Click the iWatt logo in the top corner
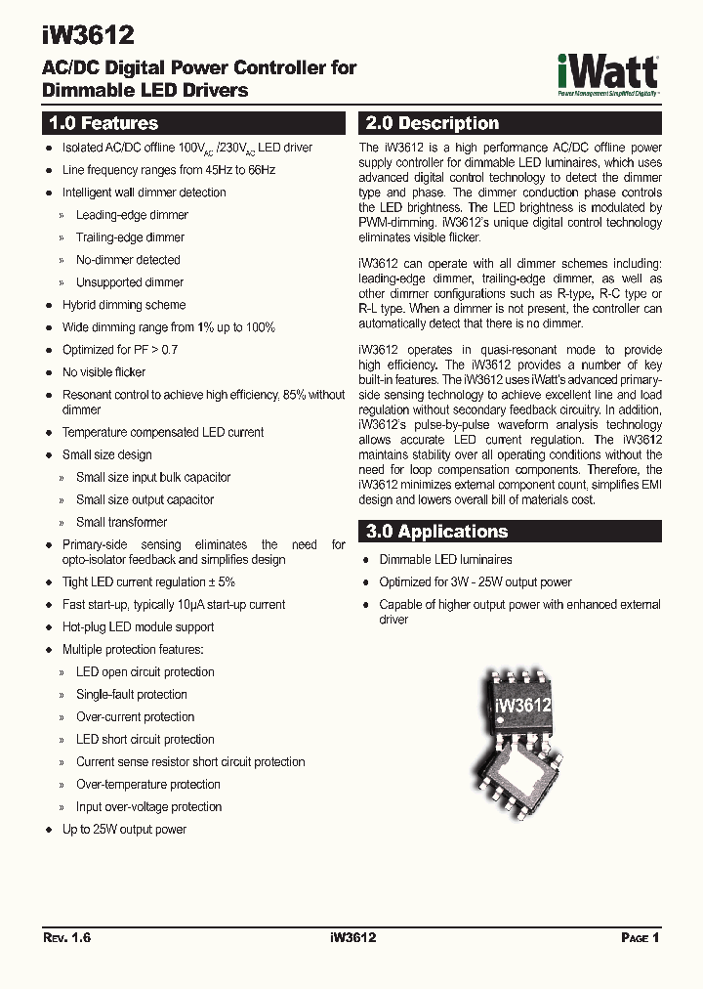pos(607,72)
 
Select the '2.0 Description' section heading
pos(431,124)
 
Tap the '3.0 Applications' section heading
pos(436,532)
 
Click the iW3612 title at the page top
pos(88,35)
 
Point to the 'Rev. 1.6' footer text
pos(67,937)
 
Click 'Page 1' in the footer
pos(641,937)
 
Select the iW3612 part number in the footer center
pos(348,937)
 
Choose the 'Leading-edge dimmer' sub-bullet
pos(132,215)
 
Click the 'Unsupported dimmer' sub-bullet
pos(130,282)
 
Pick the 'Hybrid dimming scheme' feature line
pos(124,305)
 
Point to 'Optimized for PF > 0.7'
pos(120,350)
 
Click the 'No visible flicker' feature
pos(104,372)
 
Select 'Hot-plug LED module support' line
pos(138,627)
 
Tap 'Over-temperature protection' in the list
pos(148,785)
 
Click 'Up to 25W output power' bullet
pos(124,830)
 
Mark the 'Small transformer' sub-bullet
pos(122,523)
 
